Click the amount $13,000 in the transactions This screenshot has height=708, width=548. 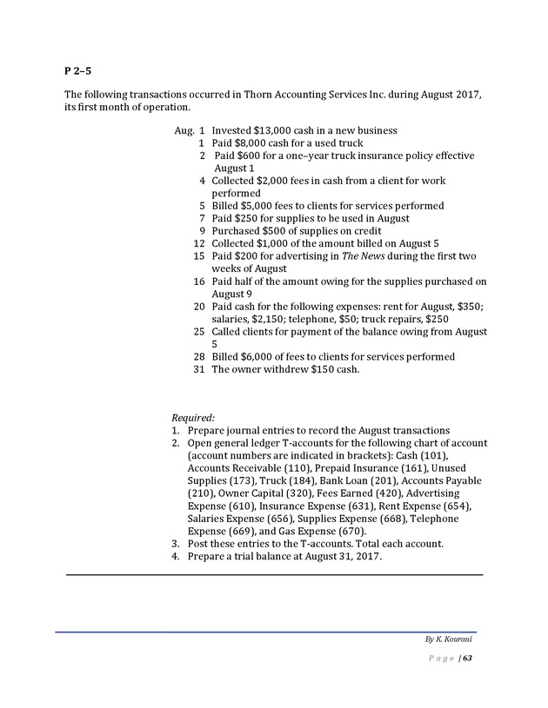pos(272,130)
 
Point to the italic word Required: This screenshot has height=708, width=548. pos(192,418)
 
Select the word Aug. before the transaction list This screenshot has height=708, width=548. pos(184,130)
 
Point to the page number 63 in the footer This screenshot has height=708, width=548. pos(467,658)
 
